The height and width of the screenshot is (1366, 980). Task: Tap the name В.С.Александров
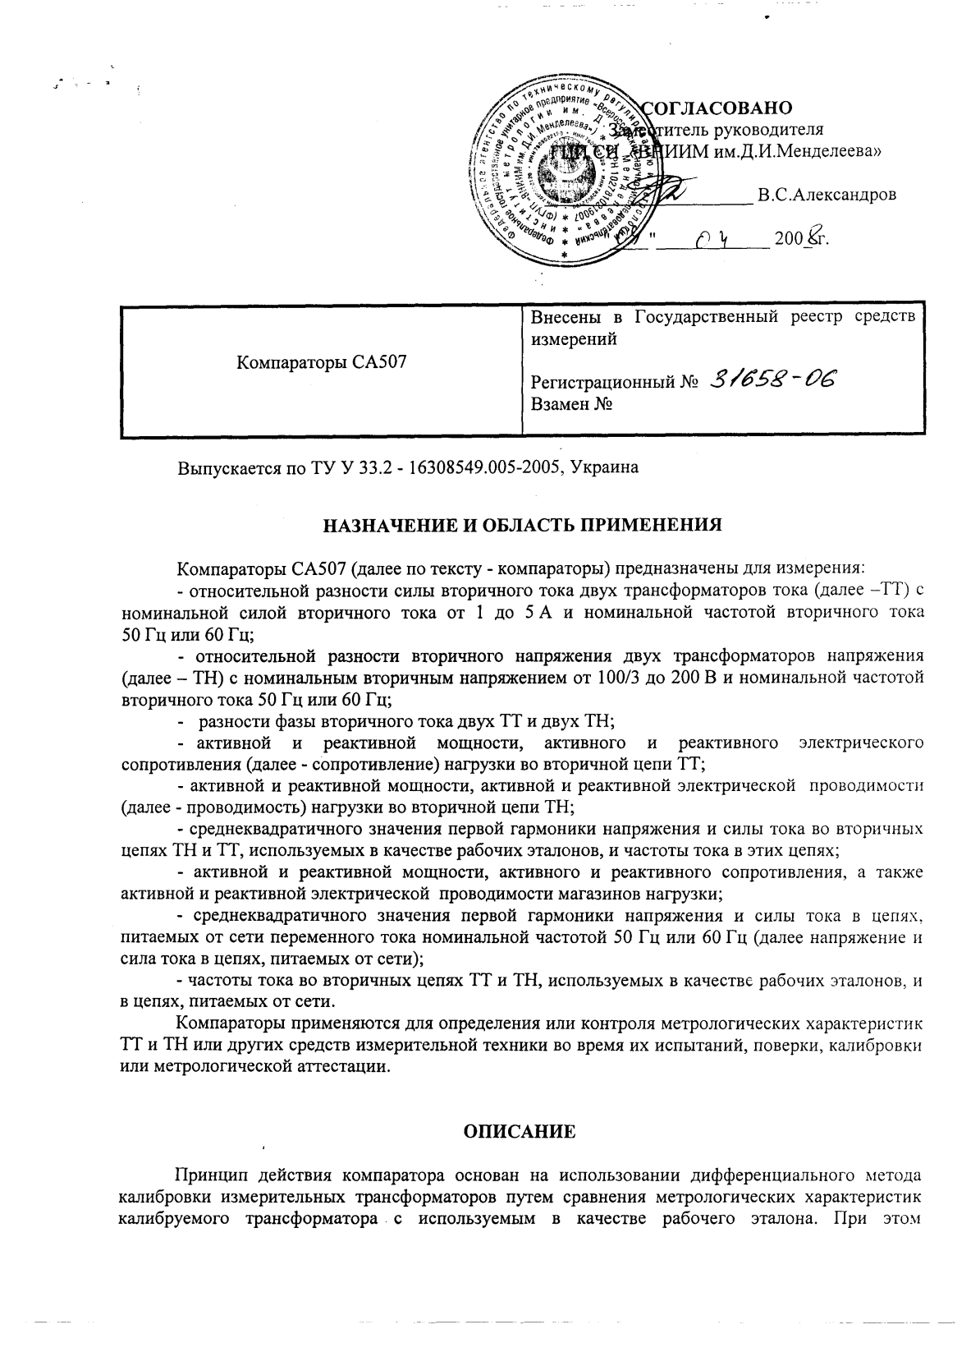(x=827, y=195)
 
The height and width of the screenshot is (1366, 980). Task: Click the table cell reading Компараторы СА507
(x=322, y=362)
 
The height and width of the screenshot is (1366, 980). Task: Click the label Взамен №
(x=573, y=404)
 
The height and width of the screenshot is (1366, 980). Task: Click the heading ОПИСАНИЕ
(x=520, y=1132)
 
